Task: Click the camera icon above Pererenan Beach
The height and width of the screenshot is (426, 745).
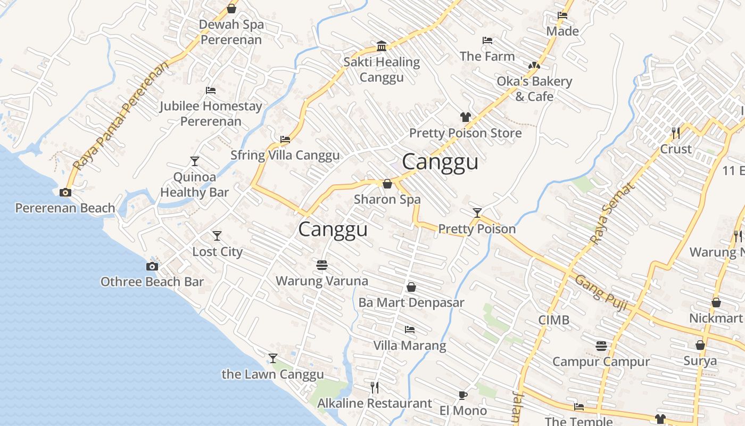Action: tap(65, 192)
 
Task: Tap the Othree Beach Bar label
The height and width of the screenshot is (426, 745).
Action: tap(152, 282)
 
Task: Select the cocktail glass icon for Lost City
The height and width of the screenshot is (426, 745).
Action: tap(217, 235)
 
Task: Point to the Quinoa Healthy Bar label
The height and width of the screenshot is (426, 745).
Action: tap(194, 185)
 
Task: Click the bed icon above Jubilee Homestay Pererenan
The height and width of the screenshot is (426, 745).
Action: tap(211, 91)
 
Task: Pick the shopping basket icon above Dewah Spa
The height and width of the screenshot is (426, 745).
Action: tap(231, 9)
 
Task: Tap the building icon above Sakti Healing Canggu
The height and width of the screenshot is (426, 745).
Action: tap(382, 46)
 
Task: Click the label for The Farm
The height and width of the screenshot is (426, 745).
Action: tap(487, 56)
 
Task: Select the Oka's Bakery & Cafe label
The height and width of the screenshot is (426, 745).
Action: tap(534, 89)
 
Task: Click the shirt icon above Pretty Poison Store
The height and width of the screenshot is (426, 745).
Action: tap(466, 117)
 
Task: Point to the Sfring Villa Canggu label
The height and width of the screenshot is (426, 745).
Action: tap(285, 155)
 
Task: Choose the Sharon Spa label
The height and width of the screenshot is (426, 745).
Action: tap(387, 200)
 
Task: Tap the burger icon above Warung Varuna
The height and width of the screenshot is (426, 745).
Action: tap(321, 265)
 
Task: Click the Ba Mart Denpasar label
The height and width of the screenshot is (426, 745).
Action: tap(411, 302)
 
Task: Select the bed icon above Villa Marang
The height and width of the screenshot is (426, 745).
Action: tap(410, 330)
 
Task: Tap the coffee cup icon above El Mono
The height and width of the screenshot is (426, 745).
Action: tap(463, 395)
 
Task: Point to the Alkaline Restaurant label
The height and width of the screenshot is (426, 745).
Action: tap(375, 403)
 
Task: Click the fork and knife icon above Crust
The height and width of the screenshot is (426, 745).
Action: tap(676, 133)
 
